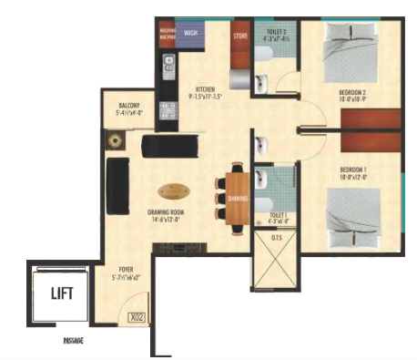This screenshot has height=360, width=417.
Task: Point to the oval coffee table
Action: tap(174, 192)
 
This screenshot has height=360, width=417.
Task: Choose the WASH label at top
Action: tap(191, 33)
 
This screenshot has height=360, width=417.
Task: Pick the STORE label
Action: tap(240, 37)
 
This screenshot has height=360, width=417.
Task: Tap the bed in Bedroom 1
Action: tap(355, 214)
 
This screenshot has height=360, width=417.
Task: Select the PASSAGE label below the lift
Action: tap(73, 339)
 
